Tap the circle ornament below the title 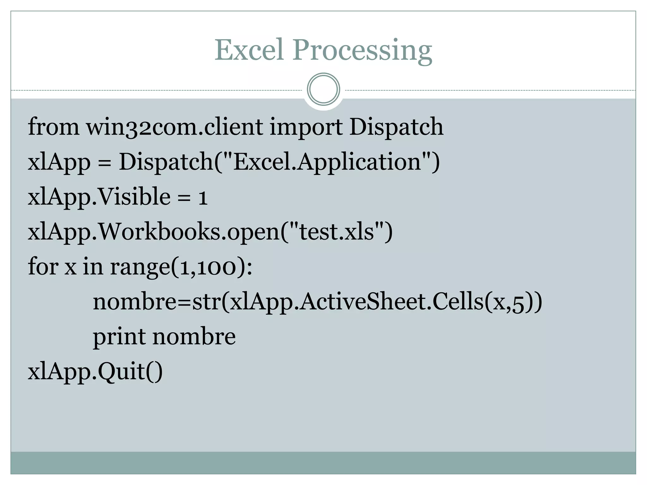pos(323,89)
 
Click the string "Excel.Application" pos(327,162)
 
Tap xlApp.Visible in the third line pos(99,197)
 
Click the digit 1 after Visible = pos(203,198)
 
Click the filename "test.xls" pos(336,231)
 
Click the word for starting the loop pos(43,266)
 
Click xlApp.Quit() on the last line pos(95,372)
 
